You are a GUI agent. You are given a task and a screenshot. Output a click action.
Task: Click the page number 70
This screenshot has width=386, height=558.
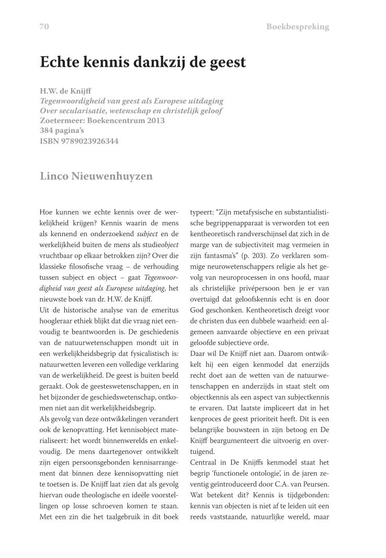(44, 27)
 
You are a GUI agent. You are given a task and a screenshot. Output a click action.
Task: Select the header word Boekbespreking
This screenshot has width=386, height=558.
(298, 27)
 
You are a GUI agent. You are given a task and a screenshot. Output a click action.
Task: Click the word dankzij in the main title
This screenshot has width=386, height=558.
(162, 63)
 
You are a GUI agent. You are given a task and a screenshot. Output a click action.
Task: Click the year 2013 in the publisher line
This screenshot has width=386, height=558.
(154, 121)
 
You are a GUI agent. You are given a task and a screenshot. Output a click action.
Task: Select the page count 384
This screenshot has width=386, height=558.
(48, 131)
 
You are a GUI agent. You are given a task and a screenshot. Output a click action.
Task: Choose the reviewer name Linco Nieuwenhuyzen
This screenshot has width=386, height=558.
(96, 176)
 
